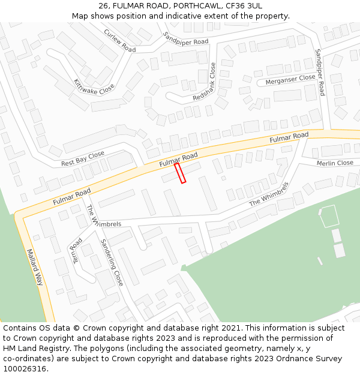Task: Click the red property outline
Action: coord(180,173)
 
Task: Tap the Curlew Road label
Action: coord(120,40)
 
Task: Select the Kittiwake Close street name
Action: coord(94,86)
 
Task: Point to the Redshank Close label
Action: coord(204,83)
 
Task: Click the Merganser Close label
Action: coord(290,78)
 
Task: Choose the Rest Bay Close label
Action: coord(83,159)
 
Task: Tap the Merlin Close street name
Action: coord(335,163)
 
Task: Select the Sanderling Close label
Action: coord(112,262)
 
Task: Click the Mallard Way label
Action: coord(36,268)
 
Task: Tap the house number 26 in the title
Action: coord(103,6)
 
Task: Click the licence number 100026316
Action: coord(25,368)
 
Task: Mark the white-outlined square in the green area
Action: coord(328,216)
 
